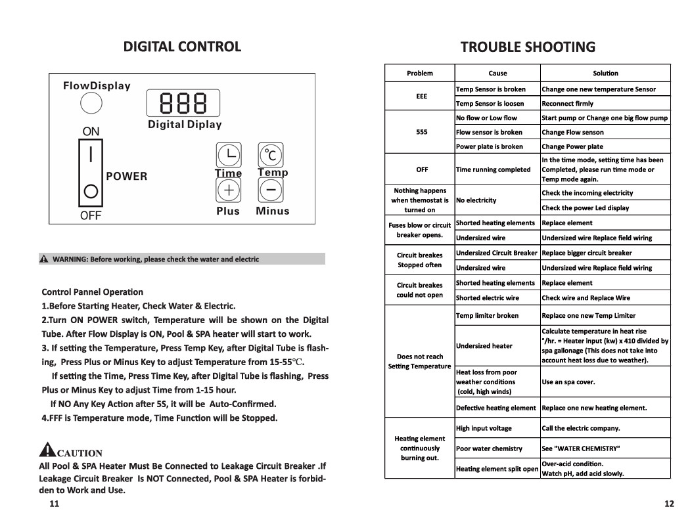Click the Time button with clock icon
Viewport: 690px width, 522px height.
pos(228,155)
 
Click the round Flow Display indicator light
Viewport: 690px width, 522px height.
pos(91,104)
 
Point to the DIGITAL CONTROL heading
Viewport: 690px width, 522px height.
pos(183,47)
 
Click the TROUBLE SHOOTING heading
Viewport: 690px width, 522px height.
pos(528,47)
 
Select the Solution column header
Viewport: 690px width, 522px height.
pos(605,73)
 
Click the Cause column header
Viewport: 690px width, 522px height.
pos(497,73)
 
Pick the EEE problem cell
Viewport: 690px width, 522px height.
pos(421,96)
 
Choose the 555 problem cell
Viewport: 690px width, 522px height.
pos(421,132)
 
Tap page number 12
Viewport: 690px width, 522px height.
pos(669,504)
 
